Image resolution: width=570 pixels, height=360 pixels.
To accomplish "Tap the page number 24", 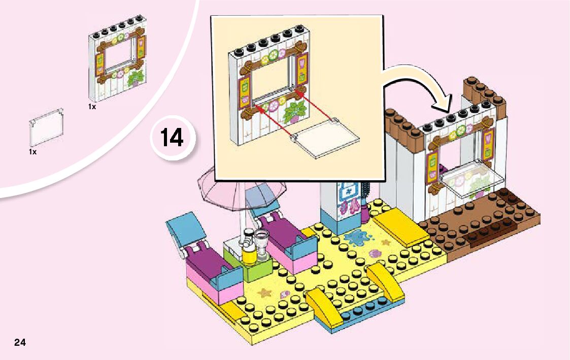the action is point(20,342).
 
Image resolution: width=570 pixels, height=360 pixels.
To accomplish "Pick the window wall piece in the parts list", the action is point(120,65).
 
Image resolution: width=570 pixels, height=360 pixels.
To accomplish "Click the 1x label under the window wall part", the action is point(92,107).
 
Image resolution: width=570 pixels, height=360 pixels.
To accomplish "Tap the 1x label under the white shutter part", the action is point(32,152).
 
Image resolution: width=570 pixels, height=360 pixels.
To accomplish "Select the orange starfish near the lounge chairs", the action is point(265,293).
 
